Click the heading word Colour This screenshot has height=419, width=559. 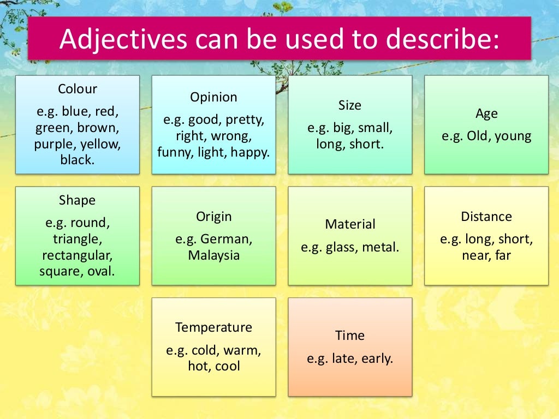(77, 89)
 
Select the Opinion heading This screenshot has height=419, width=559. (213, 97)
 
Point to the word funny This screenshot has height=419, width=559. (175, 153)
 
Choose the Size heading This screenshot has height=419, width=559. (350, 105)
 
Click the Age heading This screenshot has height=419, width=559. (486, 113)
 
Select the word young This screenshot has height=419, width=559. (513, 136)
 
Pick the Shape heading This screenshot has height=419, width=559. (77, 200)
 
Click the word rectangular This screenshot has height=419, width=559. (77, 255)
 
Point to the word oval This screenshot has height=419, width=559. (101, 271)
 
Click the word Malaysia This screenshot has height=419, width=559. (213, 255)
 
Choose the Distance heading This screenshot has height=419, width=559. (486, 217)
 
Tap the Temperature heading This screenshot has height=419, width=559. (213, 327)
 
